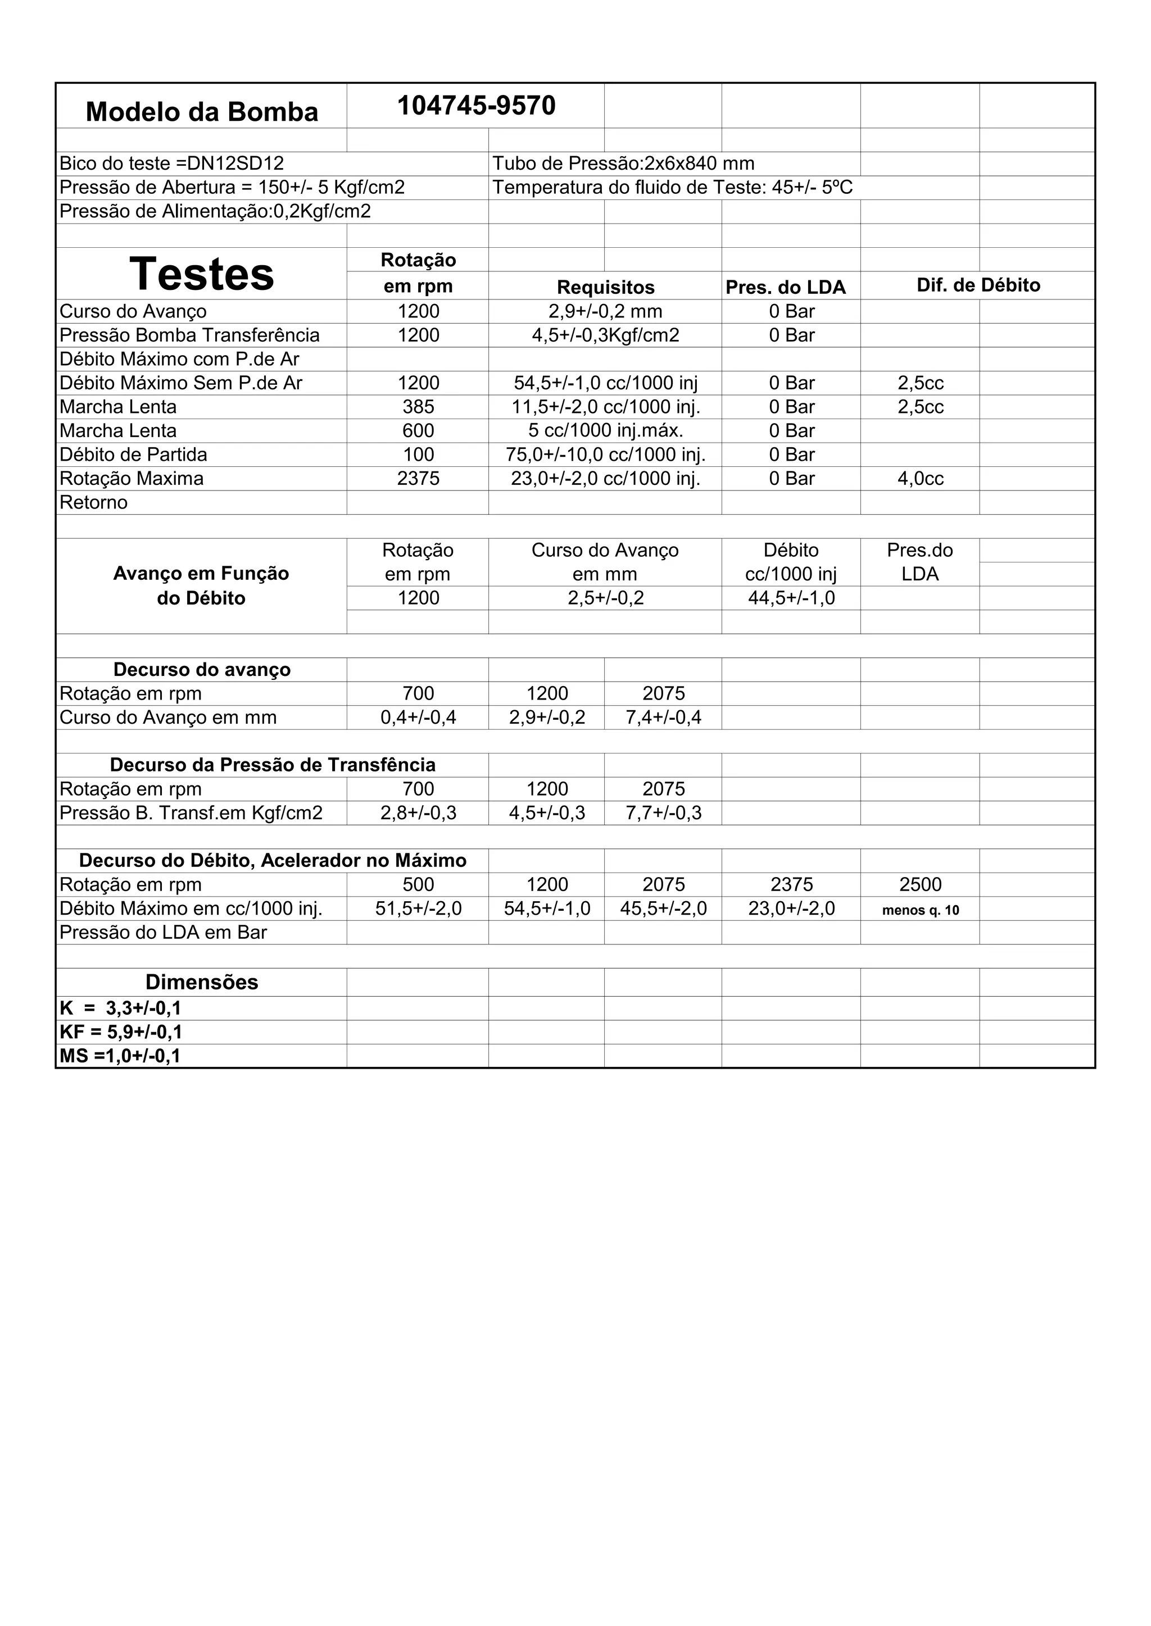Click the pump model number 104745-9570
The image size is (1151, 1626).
click(x=476, y=106)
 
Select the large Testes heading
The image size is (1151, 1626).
click(x=201, y=274)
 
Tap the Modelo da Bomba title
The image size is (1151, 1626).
click(x=201, y=112)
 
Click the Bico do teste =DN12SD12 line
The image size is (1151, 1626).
click(x=171, y=163)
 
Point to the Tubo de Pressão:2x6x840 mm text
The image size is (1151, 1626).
click(x=623, y=163)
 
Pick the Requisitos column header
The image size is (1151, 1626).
click(x=605, y=287)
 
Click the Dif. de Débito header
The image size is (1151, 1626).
click(x=978, y=285)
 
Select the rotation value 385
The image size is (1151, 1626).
click(x=418, y=407)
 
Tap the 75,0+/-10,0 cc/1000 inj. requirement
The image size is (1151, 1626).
click(x=605, y=455)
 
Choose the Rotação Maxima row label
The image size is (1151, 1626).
click(x=132, y=479)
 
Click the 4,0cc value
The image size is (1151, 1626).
click(x=920, y=479)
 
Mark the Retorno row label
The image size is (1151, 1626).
click(x=93, y=503)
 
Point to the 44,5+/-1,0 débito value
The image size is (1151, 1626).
click(x=791, y=598)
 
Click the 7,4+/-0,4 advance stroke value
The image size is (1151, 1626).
click(x=663, y=717)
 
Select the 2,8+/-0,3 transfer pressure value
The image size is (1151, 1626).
click(x=418, y=812)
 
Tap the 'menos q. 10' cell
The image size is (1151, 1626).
click(x=920, y=910)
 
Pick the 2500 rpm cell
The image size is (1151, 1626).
click(x=920, y=884)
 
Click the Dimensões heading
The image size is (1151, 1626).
click(x=201, y=982)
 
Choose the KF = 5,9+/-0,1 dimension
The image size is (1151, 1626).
click(x=120, y=1032)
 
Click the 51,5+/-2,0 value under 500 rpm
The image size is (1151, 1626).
click(x=418, y=909)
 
